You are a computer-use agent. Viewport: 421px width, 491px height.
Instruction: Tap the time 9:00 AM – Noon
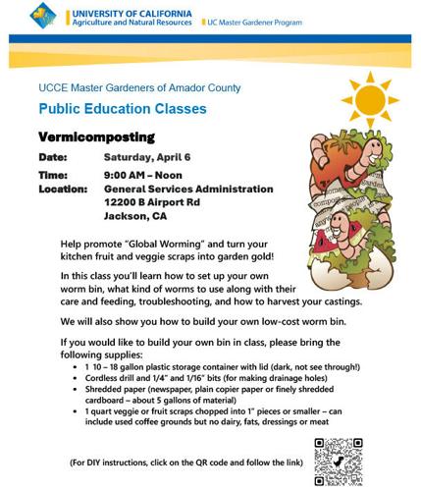point(145,174)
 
